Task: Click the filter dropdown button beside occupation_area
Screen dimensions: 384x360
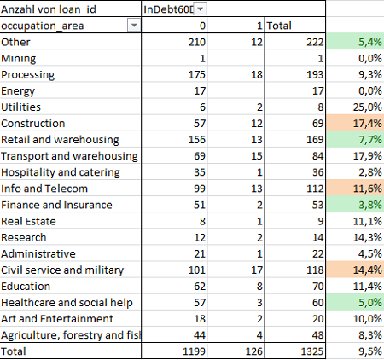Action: tap(134, 26)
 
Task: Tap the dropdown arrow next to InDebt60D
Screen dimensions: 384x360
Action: tap(201, 9)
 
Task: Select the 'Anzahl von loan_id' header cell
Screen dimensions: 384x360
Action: tap(49, 9)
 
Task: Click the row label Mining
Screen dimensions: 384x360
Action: tap(19, 59)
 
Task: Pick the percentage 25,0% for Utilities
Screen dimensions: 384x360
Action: tap(368, 107)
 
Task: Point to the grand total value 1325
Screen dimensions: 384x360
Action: tap(312, 351)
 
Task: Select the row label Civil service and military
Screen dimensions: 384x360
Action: tap(62, 270)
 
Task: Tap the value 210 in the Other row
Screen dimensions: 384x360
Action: tap(197, 42)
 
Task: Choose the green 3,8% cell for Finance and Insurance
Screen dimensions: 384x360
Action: tap(355, 205)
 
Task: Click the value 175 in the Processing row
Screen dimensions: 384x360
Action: tap(197, 75)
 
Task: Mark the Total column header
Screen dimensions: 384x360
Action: tap(279, 26)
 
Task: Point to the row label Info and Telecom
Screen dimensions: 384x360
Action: tap(44, 189)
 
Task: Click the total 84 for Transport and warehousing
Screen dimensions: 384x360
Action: tap(317, 156)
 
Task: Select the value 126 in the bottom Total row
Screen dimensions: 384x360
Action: tap(254, 351)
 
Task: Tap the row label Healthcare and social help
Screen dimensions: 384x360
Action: tap(67, 303)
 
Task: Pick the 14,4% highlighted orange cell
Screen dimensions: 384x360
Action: tap(355, 270)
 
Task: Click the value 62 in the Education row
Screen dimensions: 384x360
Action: tap(200, 287)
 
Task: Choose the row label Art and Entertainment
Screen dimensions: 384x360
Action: tap(57, 319)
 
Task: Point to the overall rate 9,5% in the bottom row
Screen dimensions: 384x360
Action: tap(370, 351)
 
